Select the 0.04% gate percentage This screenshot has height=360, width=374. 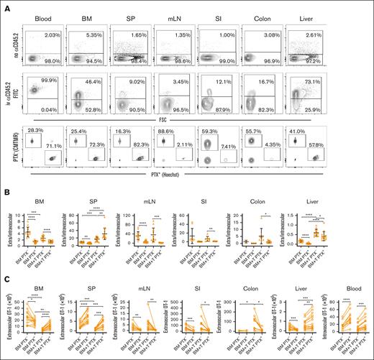pos(51,109)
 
